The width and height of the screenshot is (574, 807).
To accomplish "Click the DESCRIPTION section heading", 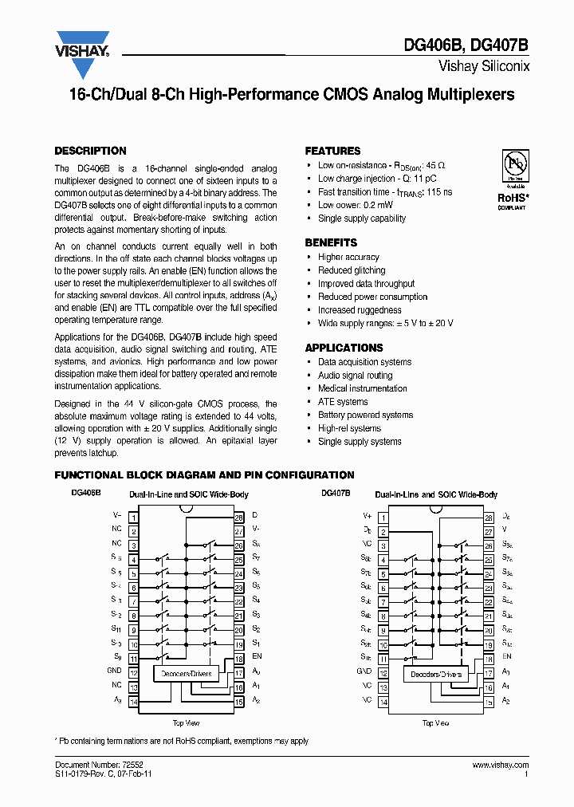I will (90, 151).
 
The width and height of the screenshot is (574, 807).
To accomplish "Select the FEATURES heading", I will (332, 151).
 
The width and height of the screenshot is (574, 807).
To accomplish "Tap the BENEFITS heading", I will (331, 242).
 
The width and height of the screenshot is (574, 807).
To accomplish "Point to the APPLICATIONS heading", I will (344, 348).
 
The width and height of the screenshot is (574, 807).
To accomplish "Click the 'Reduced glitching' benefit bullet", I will (352, 270).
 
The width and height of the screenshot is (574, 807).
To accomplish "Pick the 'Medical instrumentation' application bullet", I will (362, 388).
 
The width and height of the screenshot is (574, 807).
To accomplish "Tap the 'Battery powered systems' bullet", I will (365, 415).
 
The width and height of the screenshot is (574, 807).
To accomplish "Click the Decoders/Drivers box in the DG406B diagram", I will (187, 674).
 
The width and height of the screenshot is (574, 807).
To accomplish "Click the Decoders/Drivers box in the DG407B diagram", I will (434, 675).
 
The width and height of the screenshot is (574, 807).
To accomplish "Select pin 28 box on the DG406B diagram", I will (238, 518).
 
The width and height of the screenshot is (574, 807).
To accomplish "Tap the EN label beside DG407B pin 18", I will (507, 656).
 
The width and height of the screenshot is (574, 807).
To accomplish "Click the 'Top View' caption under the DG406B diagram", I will (186, 723).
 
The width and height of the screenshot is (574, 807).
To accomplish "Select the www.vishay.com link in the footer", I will (501, 764).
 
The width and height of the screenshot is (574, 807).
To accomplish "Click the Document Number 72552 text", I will (88, 764).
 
